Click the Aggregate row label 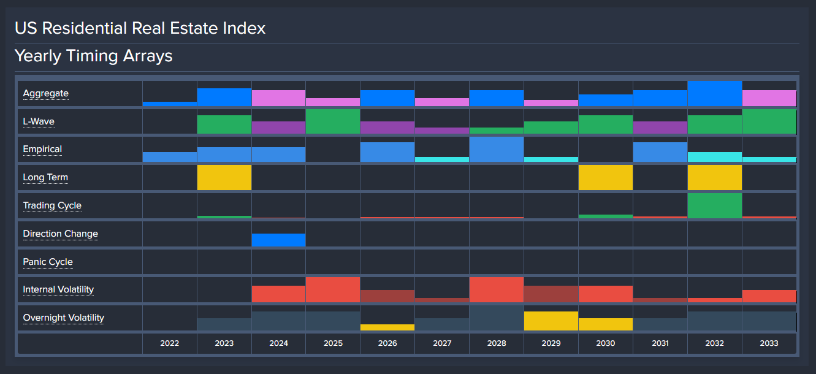point(45,94)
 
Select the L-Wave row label point(39,121)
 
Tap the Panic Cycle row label point(48,262)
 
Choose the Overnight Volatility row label point(64,318)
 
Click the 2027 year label point(442,343)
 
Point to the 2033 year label point(769,343)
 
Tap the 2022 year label point(170,343)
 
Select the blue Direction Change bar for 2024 point(278,240)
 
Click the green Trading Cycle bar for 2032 point(714,205)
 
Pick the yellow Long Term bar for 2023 point(224,177)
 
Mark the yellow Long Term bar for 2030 point(606,177)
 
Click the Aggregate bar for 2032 point(714,94)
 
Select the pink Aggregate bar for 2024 point(278,98)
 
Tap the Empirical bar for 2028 point(497,149)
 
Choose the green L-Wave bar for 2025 point(333,121)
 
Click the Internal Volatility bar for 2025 point(333,289)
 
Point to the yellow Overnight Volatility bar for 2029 point(551,321)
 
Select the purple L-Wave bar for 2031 point(660,128)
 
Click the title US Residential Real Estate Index point(140,28)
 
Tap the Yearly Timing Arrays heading point(93,56)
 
